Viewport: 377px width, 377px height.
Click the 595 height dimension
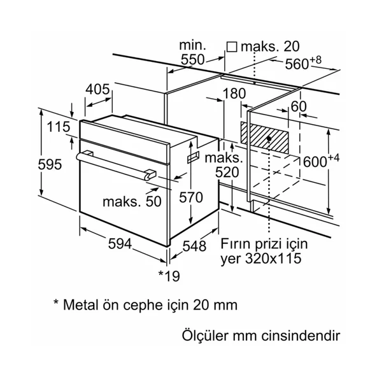point(50,165)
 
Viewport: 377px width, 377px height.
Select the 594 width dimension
point(120,243)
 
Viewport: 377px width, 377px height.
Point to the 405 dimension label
point(98,90)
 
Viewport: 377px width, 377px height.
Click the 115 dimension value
point(58,127)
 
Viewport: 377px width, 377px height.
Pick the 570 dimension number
point(190,197)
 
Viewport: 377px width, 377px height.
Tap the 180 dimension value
point(234,94)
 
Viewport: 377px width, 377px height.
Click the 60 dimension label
point(299,106)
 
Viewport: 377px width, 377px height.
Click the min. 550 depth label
point(191,53)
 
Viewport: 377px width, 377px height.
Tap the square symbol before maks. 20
point(232,46)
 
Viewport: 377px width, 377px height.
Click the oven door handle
point(115,164)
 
